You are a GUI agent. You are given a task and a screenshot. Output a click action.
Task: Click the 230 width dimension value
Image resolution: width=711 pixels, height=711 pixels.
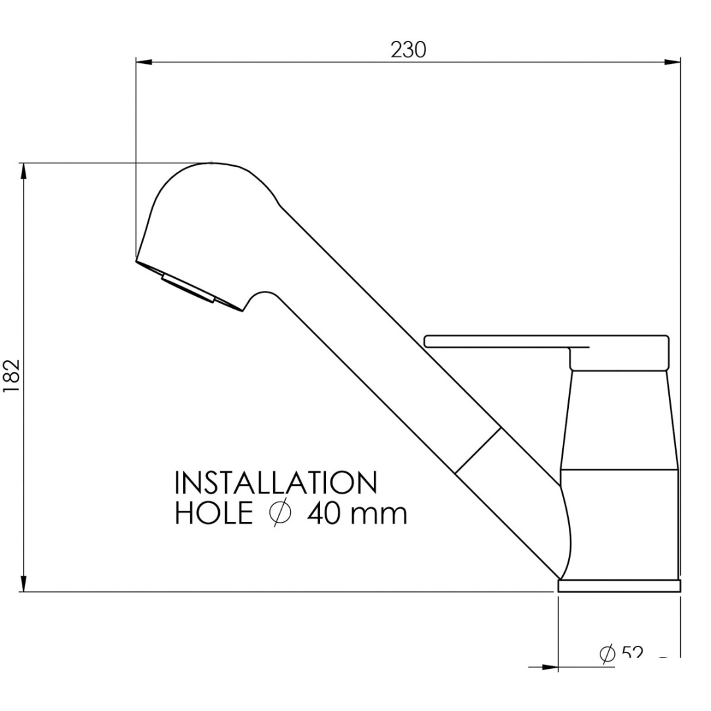tap(408, 50)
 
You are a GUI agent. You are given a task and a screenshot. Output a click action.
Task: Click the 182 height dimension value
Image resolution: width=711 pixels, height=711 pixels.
tap(13, 377)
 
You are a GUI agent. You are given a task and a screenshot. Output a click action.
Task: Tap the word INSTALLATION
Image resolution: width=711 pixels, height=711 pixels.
tap(276, 483)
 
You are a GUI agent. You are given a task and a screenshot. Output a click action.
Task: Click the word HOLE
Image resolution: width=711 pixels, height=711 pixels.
tap(213, 513)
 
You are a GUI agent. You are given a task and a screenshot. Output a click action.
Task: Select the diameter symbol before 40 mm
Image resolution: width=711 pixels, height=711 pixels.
tap(280, 513)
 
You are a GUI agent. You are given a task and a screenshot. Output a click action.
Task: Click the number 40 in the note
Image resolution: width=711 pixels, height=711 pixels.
tap(323, 513)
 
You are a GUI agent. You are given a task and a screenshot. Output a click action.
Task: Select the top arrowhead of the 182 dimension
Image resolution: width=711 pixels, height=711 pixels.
tap(24, 171)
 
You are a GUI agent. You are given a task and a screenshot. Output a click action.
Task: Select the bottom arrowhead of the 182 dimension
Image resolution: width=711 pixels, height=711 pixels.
tap(24, 583)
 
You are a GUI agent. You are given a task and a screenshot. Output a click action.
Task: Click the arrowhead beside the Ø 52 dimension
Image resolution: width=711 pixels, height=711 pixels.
tap(550, 667)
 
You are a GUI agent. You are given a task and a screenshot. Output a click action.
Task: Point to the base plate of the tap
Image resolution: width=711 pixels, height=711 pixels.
tap(619, 585)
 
